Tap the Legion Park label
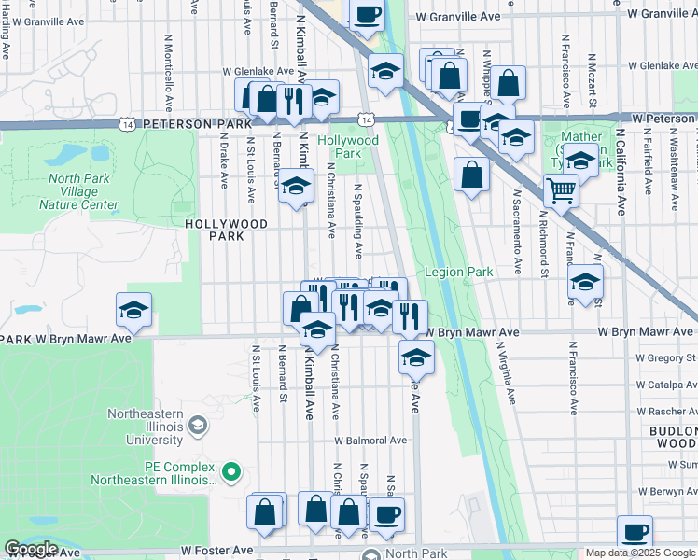pos(458,273)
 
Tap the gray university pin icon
pos(197,427)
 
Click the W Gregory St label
pos(665,357)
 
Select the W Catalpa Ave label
pos(665,384)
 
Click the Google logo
pos(31,549)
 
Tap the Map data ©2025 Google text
pos(640,553)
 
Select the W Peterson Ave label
pos(664,119)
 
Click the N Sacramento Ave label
pos(516,233)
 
